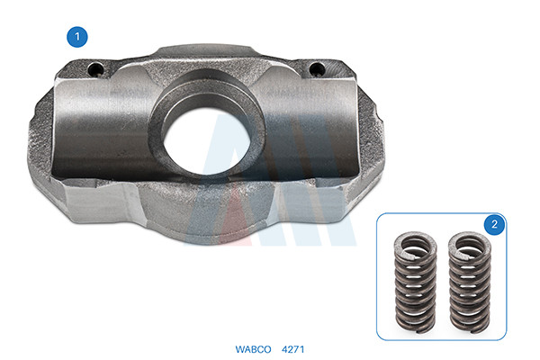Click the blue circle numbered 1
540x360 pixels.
77,37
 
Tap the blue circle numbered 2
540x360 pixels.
494,224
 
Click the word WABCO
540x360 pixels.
253,349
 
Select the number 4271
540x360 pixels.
293,349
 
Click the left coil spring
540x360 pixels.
416,282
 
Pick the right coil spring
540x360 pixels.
470,282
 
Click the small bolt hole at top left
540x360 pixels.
95,70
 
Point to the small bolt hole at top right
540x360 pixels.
317,69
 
